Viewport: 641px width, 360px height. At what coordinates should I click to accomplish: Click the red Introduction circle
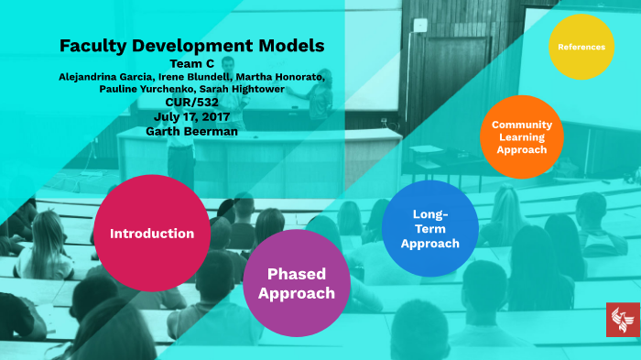pyautogui.click(x=152, y=234)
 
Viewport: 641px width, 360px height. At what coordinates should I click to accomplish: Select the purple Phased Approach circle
pyautogui.click(x=296, y=283)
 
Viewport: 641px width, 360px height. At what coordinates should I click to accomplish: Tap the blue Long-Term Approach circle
pyautogui.click(x=429, y=228)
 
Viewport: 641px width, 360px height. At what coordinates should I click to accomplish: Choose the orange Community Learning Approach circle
pyautogui.click(x=521, y=136)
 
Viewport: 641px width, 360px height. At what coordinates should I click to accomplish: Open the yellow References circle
pyautogui.click(x=581, y=47)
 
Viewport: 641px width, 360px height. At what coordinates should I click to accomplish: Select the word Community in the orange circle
pyautogui.click(x=521, y=125)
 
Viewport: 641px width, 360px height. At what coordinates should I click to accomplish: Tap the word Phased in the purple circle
pyautogui.click(x=296, y=274)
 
